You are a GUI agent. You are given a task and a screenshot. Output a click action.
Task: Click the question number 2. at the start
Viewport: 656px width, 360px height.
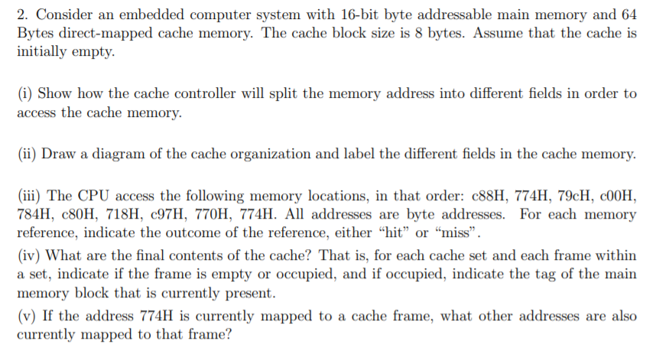click(x=21, y=14)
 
